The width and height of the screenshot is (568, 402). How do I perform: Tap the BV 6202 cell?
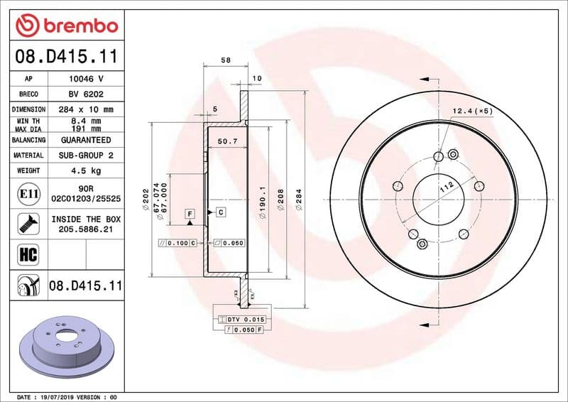87,94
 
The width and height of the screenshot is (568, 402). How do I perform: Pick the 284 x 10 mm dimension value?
87,110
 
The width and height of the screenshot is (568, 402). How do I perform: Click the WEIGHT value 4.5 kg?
87,171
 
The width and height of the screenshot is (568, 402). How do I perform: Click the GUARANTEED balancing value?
87,141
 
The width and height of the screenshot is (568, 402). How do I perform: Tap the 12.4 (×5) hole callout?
473,112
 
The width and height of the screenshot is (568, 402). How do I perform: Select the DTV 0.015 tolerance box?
241,320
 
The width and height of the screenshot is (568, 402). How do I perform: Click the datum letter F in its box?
190,213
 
